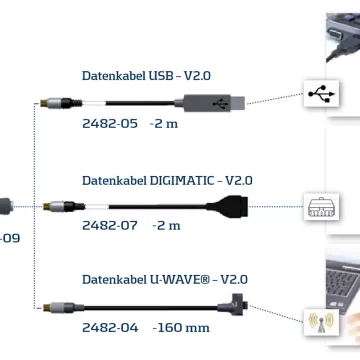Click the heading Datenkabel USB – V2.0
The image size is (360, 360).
pos(146,76)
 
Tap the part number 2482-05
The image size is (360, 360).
pos(110,124)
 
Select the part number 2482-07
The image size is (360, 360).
pos(110,226)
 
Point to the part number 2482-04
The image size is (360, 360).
pos(110,328)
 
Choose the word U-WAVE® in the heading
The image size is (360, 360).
pos(179,279)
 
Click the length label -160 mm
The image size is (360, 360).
pos(181,328)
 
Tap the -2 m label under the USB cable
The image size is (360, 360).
pos(164,124)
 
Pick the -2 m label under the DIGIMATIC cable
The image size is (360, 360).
pos(166,226)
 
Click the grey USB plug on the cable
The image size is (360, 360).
pos(210,103)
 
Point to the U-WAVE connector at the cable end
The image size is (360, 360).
pos(233,304)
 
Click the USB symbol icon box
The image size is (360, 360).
pos(321,94)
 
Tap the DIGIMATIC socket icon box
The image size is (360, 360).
pos(321,206)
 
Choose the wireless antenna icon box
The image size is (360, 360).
pos(321,322)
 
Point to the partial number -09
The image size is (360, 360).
pos(9,238)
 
